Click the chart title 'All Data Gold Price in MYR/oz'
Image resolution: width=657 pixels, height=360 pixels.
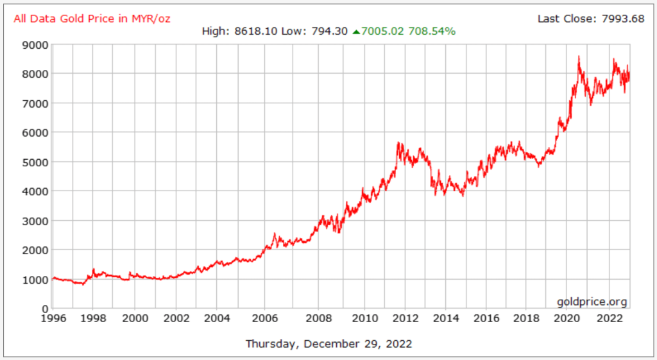pyautogui.click(x=92, y=18)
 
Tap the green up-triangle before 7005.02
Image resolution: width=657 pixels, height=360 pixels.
pyautogui.click(x=356, y=31)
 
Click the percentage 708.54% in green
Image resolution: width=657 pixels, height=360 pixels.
pyautogui.click(x=433, y=31)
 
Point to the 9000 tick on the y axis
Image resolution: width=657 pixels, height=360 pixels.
pyautogui.click(x=35, y=45)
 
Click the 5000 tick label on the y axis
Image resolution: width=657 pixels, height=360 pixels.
pyautogui.click(x=35, y=162)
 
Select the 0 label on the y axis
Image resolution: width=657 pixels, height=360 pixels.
pyautogui.click(x=44, y=309)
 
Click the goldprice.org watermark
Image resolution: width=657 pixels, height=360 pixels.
pyautogui.click(x=592, y=302)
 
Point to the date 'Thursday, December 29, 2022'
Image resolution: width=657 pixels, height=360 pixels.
pyautogui.click(x=328, y=343)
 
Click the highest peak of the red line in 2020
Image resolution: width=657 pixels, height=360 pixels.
pyautogui.click(x=579, y=56)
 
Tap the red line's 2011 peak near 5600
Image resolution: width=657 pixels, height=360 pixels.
pyautogui.click(x=398, y=143)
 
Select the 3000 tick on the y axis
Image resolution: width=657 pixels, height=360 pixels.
pyautogui.click(x=35, y=221)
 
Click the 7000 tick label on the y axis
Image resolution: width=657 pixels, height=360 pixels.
pyautogui.click(x=35, y=103)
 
